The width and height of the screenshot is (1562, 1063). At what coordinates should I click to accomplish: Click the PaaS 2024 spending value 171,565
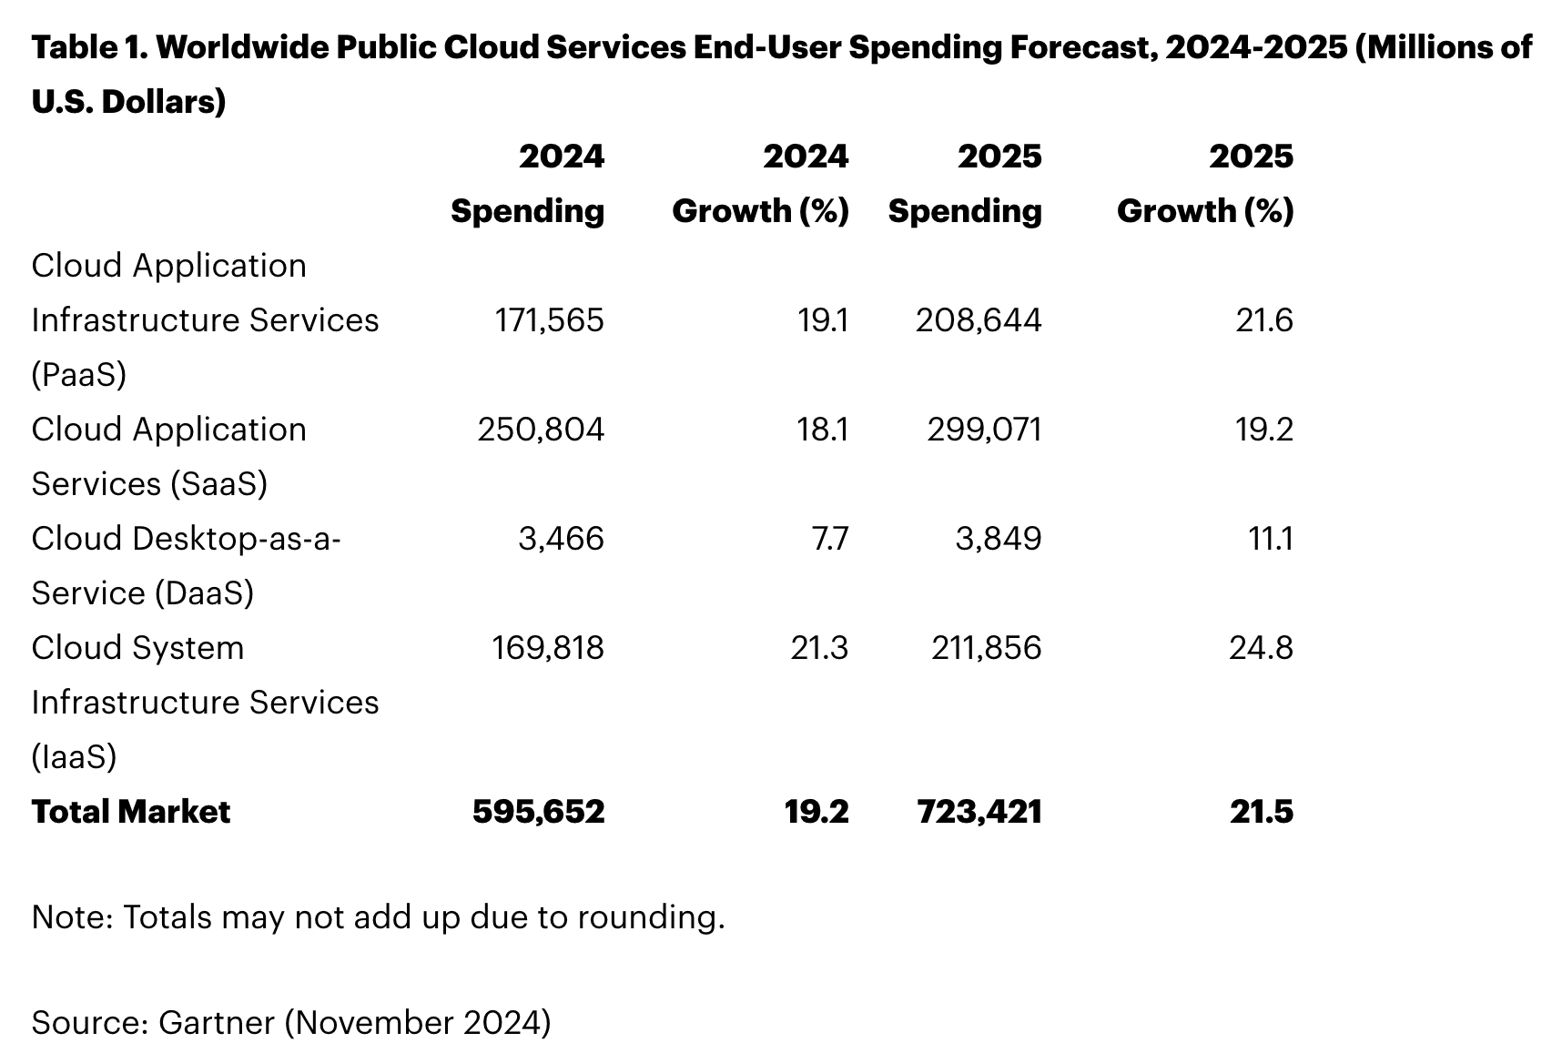click(x=549, y=320)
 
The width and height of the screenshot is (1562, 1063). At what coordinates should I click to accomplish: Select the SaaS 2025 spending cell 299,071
click(x=984, y=430)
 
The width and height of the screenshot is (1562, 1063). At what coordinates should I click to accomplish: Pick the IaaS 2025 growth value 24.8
click(x=1261, y=648)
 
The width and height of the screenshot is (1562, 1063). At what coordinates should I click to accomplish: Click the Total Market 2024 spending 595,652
click(x=538, y=812)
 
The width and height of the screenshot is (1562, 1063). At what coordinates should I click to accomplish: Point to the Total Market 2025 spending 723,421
click(x=979, y=812)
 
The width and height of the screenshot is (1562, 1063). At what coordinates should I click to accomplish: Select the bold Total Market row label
click(x=131, y=812)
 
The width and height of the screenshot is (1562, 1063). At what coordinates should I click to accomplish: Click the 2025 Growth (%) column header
click(x=1205, y=184)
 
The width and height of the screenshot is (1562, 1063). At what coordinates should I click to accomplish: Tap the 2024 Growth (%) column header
click(x=761, y=184)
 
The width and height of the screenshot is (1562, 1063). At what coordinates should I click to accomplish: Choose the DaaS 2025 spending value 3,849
click(x=998, y=539)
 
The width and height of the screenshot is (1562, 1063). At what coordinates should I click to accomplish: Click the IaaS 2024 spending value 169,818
click(x=548, y=648)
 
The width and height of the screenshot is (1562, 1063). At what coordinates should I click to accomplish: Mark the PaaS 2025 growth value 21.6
click(x=1263, y=320)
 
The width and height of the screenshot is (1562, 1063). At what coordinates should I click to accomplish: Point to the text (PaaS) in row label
click(x=78, y=375)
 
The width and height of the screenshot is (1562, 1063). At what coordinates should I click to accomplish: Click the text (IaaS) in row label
click(x=74, y=757)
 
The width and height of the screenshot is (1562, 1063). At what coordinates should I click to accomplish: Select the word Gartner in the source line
click(x=217, y=1022)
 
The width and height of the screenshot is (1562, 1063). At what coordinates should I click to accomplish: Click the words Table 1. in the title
click(x=88, y=47)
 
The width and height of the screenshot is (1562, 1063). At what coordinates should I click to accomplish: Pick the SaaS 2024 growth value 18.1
click(x=823, y=430)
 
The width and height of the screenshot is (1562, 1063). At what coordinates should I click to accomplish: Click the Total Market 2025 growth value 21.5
click(x=1261, y=812)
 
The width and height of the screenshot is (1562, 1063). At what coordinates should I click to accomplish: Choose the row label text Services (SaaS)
click(x=149, y=484)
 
